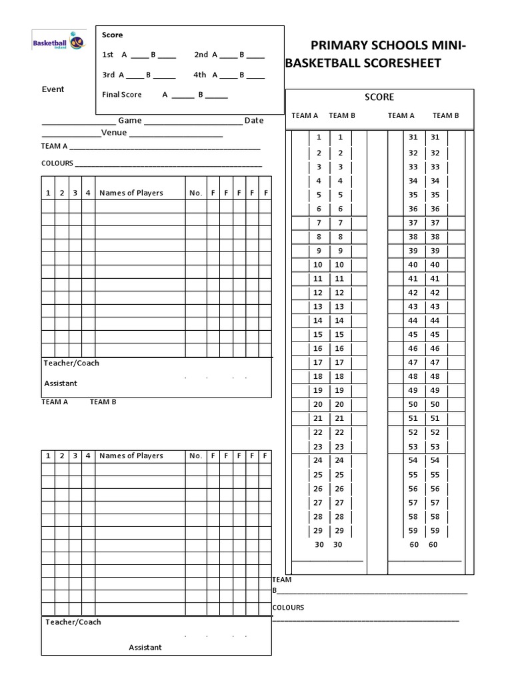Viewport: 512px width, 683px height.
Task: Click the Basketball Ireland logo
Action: tap(59, 42)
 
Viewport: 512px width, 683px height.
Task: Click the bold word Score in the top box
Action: tap(112, 35)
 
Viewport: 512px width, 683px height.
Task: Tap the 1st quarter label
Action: tap(108, 55)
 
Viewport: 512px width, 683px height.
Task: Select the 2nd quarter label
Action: tap(201, 55)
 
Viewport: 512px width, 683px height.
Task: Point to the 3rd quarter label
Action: tap(108, 75)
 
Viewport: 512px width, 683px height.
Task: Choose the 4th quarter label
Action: tap(200, 75)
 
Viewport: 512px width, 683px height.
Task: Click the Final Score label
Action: tap(122, 95)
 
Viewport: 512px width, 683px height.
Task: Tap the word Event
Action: tap(53, 89)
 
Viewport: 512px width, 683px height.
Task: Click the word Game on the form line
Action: tap(130, 120)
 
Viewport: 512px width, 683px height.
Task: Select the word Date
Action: tap(254, 120)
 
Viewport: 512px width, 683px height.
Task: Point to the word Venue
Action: tap(114, 132)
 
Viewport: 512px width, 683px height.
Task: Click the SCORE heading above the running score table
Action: tap(379, 97)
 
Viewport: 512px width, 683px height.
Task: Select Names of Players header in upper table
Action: tap(131, 193)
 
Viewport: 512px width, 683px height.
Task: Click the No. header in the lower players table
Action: tap(195, 456)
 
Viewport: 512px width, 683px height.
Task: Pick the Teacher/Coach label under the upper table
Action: tap(71, 363)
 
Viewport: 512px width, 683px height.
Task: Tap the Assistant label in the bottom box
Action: tap(145, 647)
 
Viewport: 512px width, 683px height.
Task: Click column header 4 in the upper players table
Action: tap(88, 193)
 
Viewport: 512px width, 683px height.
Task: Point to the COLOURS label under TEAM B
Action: tap(288, 608)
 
